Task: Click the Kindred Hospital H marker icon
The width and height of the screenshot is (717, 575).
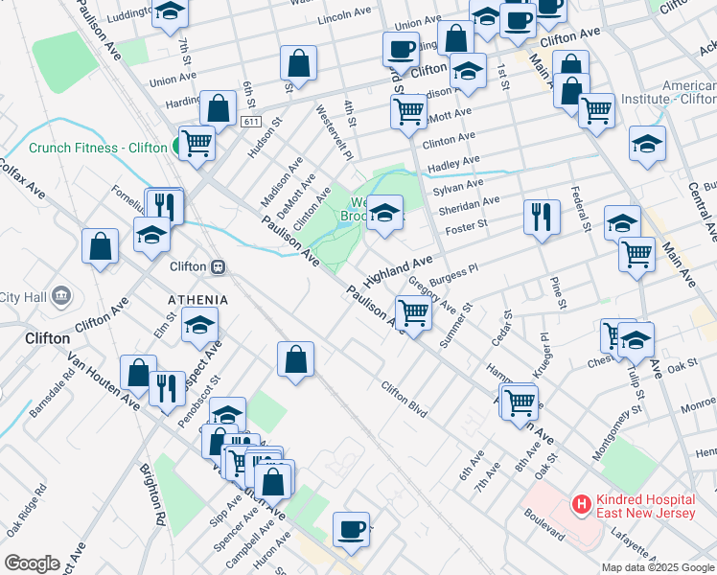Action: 580,503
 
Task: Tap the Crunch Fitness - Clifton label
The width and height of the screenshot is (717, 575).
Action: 98,148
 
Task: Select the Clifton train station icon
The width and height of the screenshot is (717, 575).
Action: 219,266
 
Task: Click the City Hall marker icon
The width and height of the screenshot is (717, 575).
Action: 62,294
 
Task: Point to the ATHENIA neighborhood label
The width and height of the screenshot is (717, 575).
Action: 198,300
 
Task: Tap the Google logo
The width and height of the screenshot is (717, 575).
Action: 32,563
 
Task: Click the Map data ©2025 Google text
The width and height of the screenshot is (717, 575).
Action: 657,567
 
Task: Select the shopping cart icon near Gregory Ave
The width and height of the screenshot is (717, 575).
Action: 413,312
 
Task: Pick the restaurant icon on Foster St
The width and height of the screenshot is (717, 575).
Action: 543,217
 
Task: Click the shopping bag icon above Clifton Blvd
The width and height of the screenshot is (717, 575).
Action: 296,360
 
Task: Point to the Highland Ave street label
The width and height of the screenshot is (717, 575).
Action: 398,271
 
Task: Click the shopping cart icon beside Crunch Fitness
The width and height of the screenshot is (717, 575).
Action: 197,144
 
